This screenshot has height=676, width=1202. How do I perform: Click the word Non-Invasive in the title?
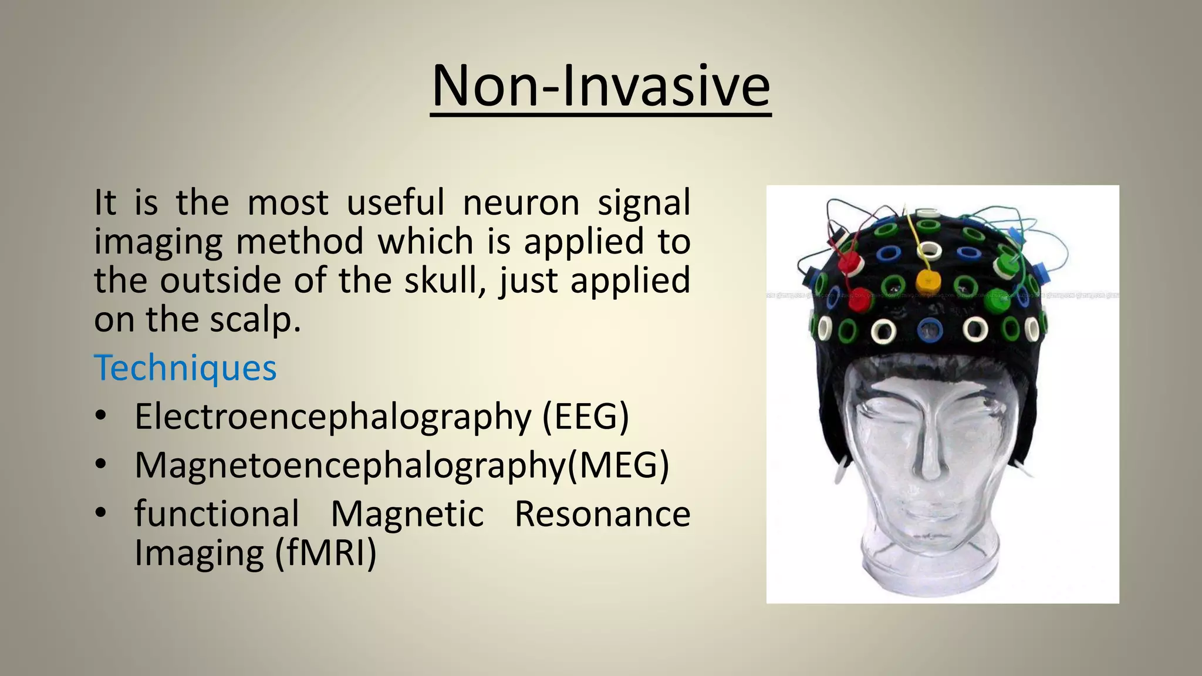coord(600,86)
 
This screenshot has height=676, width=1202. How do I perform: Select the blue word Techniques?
coord(185,369)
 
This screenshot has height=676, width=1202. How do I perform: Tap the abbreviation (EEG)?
coord(585,417)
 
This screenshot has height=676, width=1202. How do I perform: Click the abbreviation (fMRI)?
coord(326,553)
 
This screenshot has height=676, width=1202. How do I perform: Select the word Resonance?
coord(602,514)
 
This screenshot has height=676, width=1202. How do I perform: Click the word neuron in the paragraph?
coord(521,202)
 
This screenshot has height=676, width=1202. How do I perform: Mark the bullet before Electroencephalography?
coord(101,416)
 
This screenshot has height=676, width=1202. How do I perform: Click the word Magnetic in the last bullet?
coord(407,514)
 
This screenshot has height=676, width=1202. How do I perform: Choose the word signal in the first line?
coord(644,202)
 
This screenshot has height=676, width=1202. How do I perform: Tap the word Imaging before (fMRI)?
coord(199,553)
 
